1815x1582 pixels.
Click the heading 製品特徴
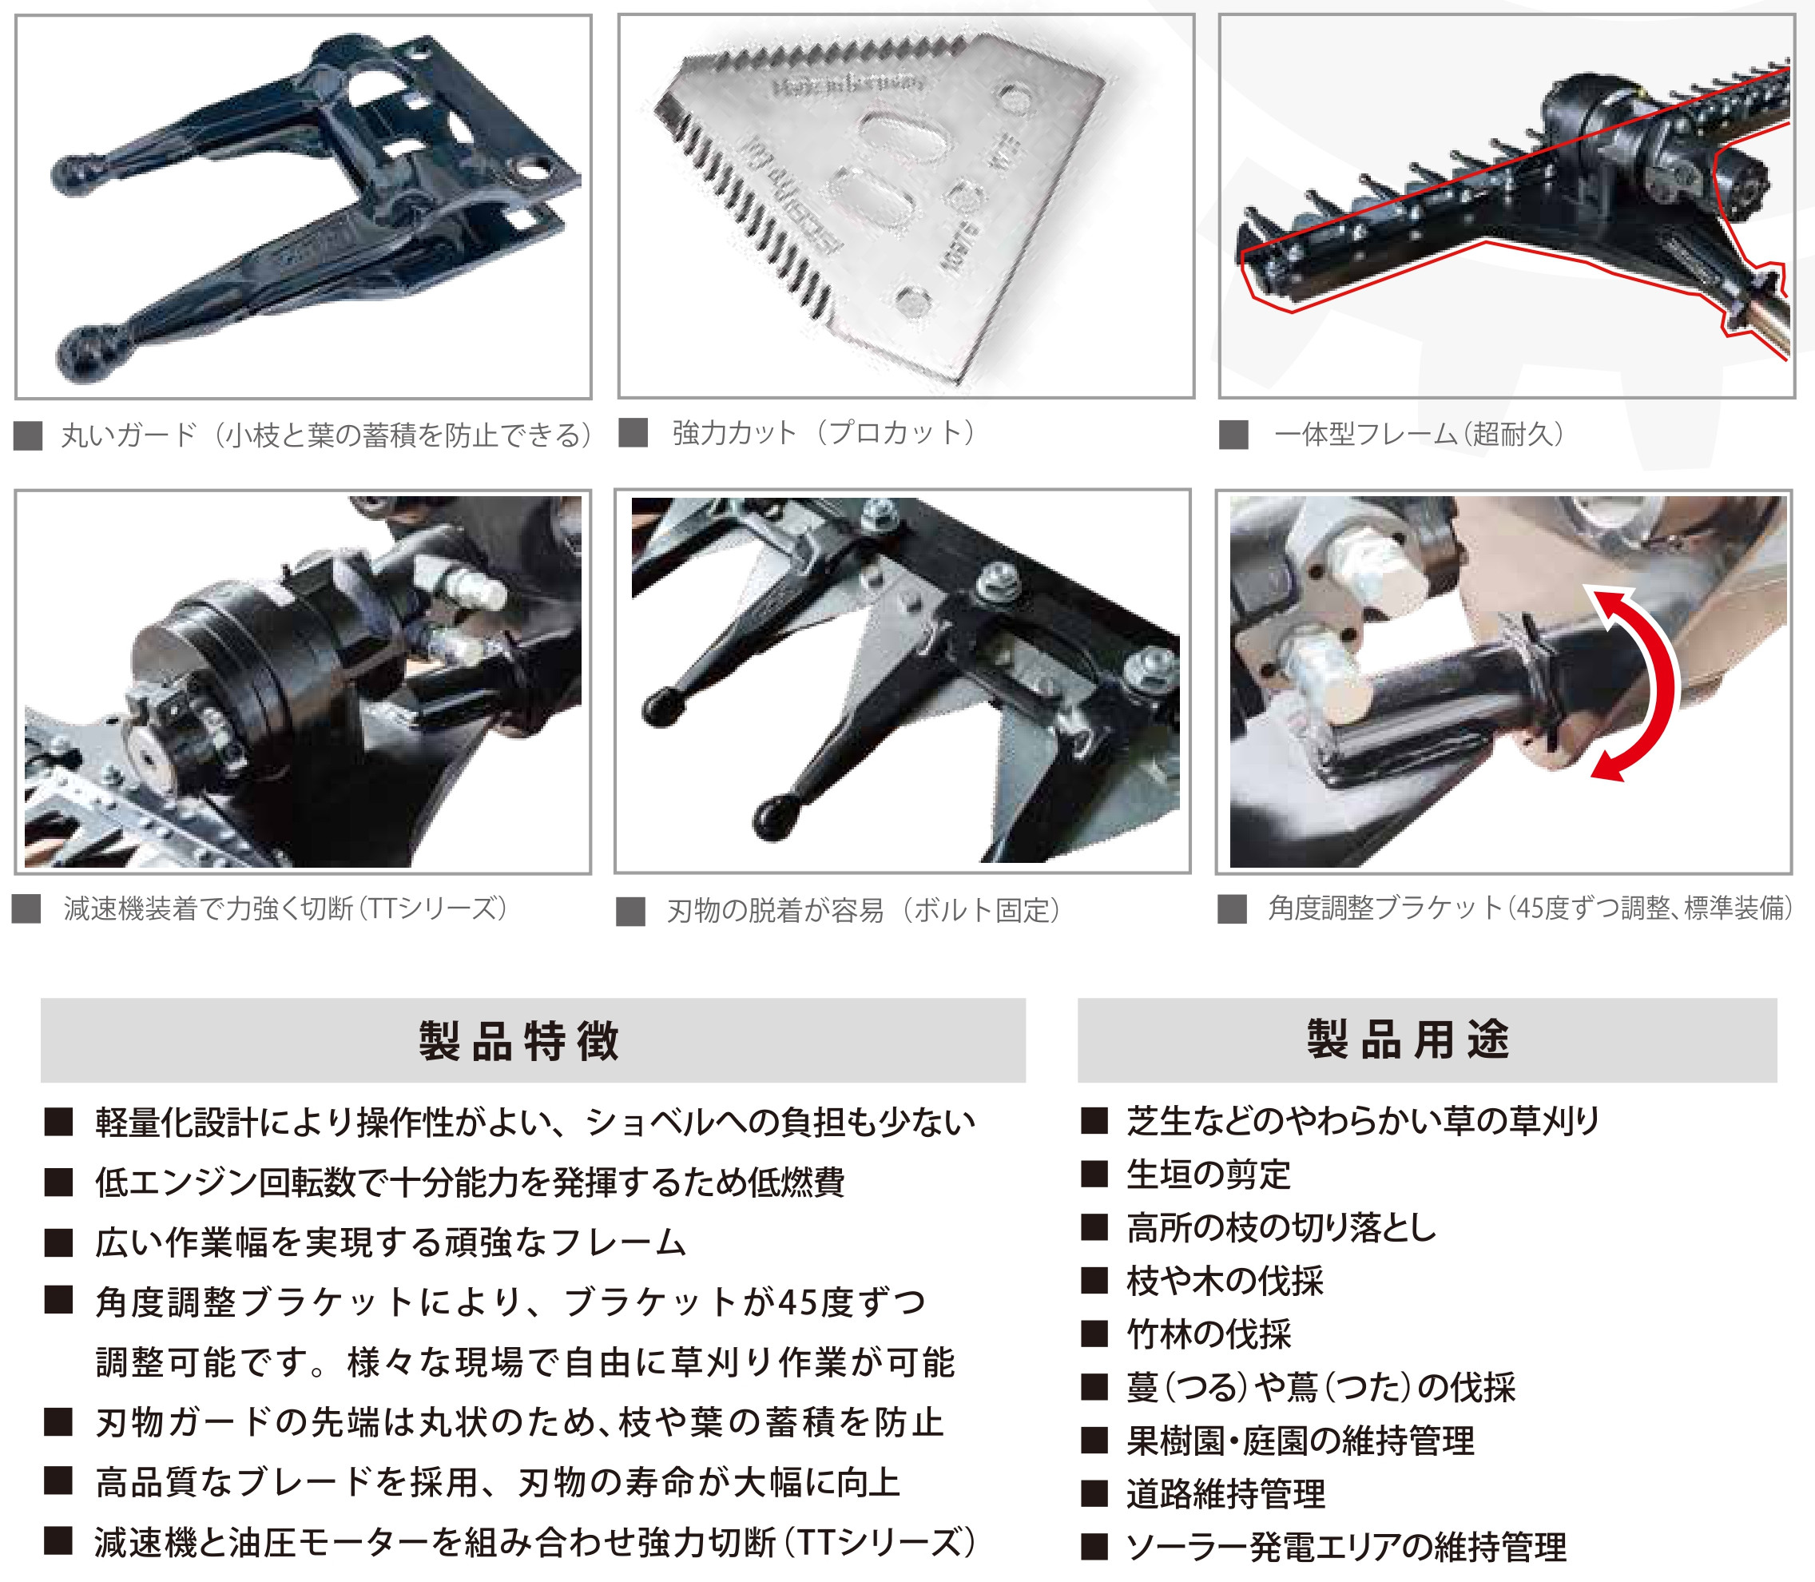click(x=519, y=1041)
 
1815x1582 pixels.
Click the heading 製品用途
click(x=1408, y=1039)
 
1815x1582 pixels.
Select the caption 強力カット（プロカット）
click(x=823, y=432)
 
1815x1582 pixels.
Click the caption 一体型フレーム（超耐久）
click(x=1419, y=435)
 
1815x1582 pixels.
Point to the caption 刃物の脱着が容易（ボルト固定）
click(x=863, y=910)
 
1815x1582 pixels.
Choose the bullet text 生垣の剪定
click(x=1208, y=1175)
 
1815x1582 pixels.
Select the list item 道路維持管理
click(x=1225, y=1494)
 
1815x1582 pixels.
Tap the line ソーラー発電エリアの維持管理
click(x=1345, y=1547)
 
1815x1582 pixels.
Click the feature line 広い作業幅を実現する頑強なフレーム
click(x=390, y=1242)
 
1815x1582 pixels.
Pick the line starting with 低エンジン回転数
click(x=470, y=1182)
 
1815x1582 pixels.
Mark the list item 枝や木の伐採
click(x=1225, y=1280)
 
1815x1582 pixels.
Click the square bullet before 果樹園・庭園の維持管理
click(x=1094, y=1441)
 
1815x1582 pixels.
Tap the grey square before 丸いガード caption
click(x=27, y=436)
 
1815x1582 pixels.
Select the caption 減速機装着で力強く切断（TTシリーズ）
click(x=285, y=908)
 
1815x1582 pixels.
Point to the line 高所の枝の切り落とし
click(x=1281, y=1227)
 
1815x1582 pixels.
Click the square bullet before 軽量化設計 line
click(x=58, y=1123)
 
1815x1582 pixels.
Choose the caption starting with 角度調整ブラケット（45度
click(x=1530, y=908)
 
